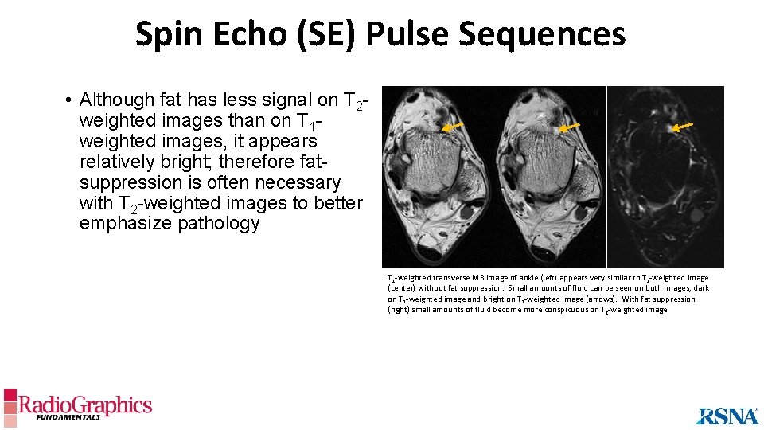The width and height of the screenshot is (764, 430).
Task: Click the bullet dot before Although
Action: (x=70, y=100)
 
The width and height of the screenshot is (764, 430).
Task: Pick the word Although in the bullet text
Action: (x=117, y=100)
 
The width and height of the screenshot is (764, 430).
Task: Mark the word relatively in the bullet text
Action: (x=119, y=162)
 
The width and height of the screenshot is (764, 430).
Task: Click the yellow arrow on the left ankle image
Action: (x=452, y=126)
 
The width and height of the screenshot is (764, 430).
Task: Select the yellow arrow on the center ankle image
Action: (x=568, y=127)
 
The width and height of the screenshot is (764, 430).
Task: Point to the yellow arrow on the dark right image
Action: (x=683, y=125)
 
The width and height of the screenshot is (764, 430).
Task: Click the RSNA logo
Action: (x=727, y=416)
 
